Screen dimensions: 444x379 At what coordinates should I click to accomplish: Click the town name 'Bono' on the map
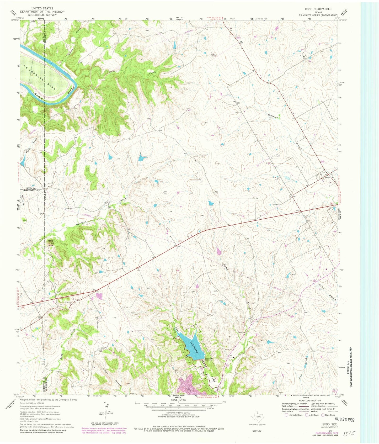327,177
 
